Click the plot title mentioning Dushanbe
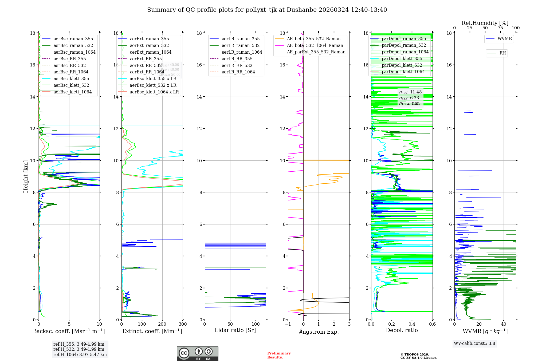coord(267,10)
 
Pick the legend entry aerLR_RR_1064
coord(238,72)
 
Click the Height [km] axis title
coord(26,176)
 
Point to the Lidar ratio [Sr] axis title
coord(235,330)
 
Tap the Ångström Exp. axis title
coord(319,332)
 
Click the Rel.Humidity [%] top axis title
coord(485,23)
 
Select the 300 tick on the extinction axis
coord(183,324)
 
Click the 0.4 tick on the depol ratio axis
coord(412,324)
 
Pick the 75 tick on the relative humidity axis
coord(500,28)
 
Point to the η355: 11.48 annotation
coord(410,92)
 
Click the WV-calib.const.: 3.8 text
coord(474,344)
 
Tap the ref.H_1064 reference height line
coord(80,355)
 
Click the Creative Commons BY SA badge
coord(197,354)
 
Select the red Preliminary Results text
coord(279,355)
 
